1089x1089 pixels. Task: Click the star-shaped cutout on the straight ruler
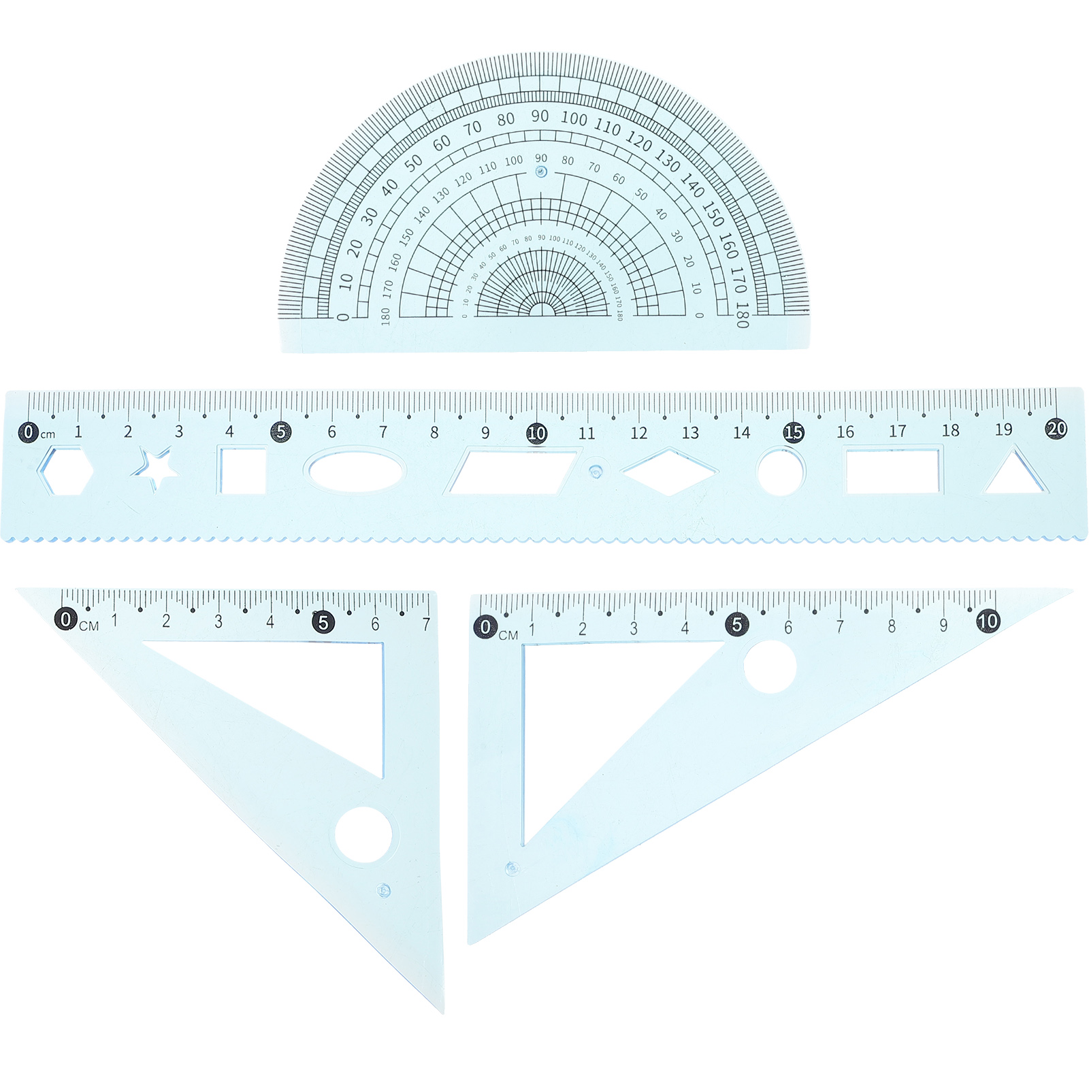[x=156, y=468]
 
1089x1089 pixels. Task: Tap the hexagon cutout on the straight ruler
[x=65, y=470]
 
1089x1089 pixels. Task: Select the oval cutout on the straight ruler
[x=356, y=470]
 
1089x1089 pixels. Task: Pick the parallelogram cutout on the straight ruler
[x=510, y=471]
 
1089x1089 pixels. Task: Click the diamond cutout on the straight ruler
[x=670, y=471]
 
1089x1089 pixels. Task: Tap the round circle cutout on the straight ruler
[x=781, y=471]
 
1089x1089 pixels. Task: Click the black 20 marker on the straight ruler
[x=1056, y=428]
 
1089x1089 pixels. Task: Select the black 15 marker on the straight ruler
[x=793, y=432]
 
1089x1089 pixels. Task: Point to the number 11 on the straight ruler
[x=587, y=433]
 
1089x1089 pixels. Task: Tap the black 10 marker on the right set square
[x=988, y=621]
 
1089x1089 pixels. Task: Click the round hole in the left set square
[x=363, y=835]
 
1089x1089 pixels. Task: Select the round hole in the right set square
[x=770, y=667]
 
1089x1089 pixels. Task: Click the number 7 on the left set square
[x=426, y=623]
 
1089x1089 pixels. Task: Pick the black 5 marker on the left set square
[x=323, y=621]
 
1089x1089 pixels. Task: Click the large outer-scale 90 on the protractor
[x=540, y=116]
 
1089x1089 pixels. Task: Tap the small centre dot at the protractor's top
[x=541, y=172]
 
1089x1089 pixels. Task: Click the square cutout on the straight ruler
[x=242, y=470]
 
